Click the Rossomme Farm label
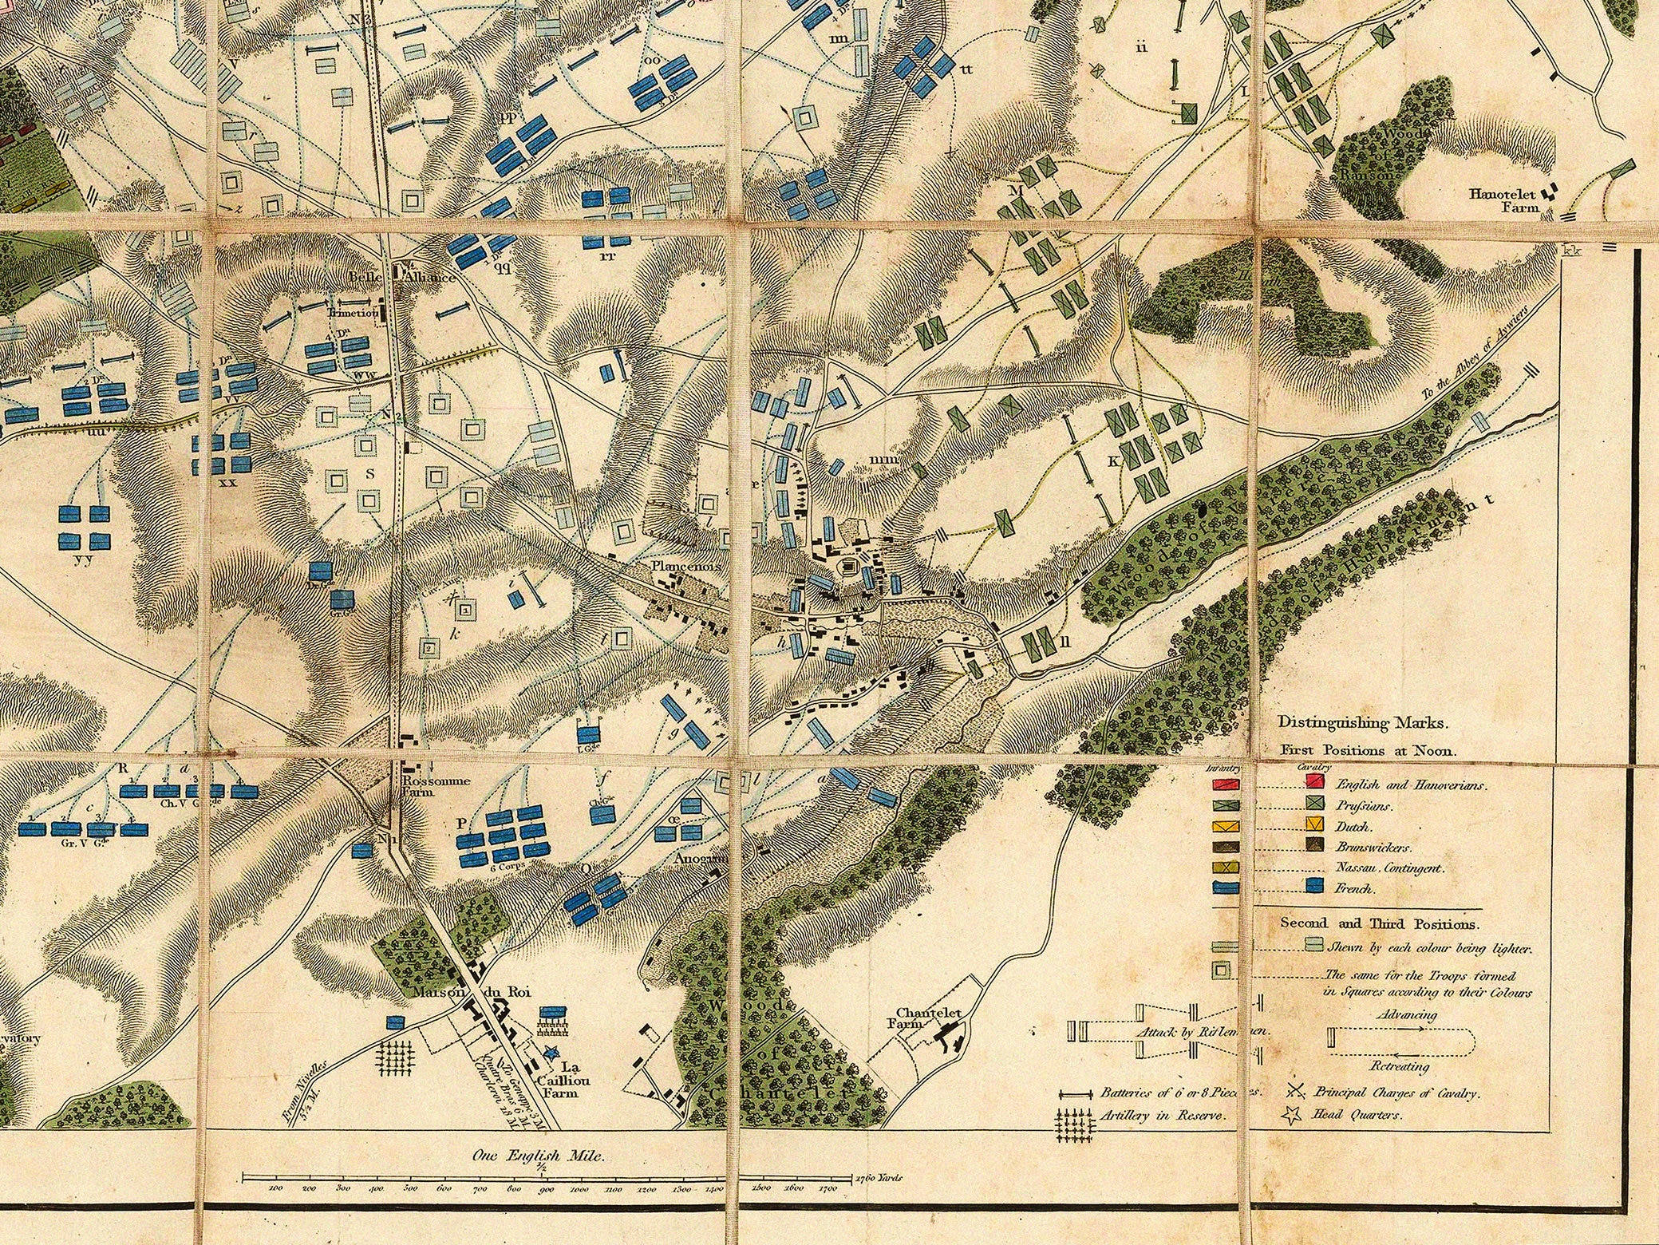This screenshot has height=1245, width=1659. click(425, 787)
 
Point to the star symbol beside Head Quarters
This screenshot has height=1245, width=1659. click(1294, 1116)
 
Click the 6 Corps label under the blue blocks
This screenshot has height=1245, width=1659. click(506, 868)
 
